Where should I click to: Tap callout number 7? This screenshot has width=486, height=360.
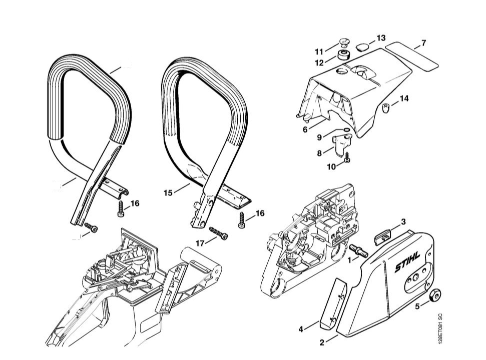[x=423, y=43]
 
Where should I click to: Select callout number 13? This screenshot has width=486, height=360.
[x=381, y=38]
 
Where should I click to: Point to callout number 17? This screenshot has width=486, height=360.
[x=200, y=243]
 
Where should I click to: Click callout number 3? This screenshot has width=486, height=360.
[x=403, y=221]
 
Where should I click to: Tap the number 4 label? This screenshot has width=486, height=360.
[x=301, y=329]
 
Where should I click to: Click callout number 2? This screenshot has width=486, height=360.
[x=322, y=342]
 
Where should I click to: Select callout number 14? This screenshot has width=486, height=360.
[x=404, y=98]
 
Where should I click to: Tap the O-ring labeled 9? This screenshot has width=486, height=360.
[x=343, y=132]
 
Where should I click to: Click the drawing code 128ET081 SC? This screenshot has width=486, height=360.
[x=439, y=328]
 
